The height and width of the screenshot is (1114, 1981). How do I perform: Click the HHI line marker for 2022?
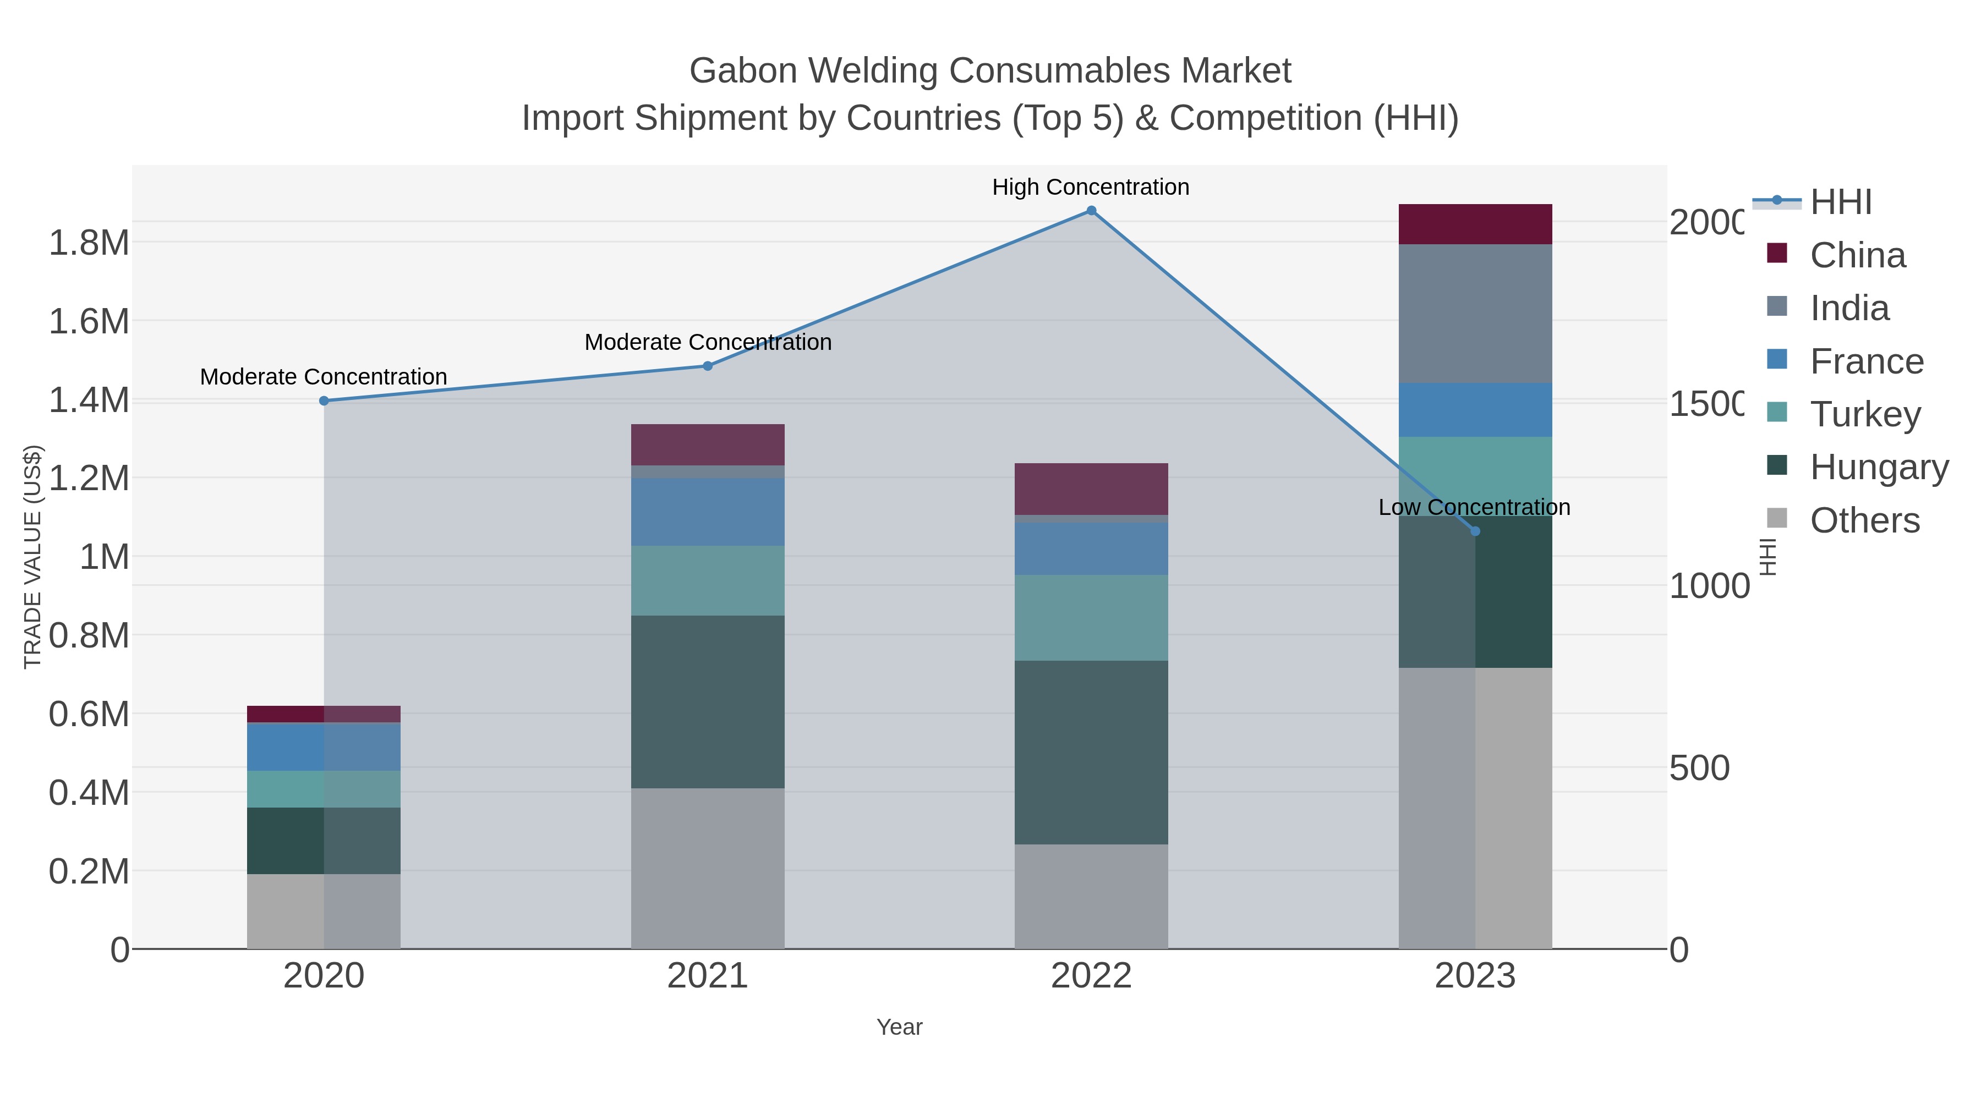click(1091, 211)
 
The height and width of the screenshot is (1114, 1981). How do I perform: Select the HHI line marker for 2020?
click(324, 400)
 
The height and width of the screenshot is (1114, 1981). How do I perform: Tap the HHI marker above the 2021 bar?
click(708, 366)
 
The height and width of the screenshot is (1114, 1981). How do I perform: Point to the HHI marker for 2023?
click(1474, 531)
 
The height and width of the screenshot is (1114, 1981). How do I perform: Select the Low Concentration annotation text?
click(1474, 507)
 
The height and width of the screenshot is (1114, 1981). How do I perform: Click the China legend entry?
click(1857, 255)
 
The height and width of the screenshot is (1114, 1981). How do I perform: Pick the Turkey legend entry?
click(1864, 414)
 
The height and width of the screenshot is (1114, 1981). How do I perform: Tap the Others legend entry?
click(1864, 520)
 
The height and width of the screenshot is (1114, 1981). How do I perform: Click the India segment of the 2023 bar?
click(1474, 314)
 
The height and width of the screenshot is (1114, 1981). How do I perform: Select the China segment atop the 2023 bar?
click(1474, 224)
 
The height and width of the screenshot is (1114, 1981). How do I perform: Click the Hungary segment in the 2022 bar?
click(1091, 752)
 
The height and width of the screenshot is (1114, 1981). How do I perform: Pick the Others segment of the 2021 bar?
click(708, 868)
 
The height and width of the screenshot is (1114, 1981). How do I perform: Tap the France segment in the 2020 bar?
click(324, 747)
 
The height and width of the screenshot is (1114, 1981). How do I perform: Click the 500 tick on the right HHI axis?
click(1699, 768)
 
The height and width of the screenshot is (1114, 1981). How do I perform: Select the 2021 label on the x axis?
click(708, 976)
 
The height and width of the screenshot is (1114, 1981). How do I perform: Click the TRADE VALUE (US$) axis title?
click(33, 557)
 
